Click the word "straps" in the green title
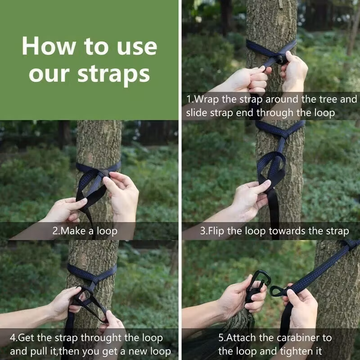[114, 75]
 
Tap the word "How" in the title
[49, 46]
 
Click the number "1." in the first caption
[190, 99]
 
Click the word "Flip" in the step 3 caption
[216, 231]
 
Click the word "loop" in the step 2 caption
[107, 231]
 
